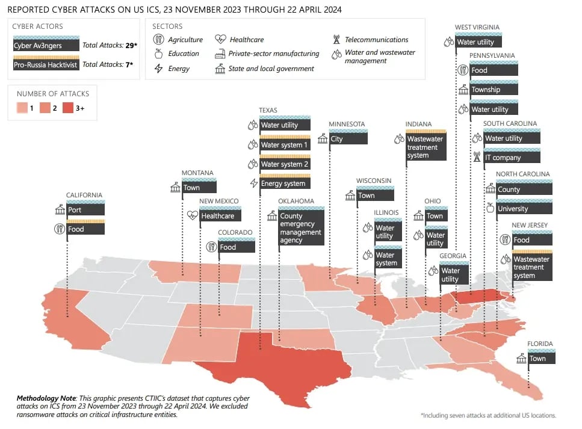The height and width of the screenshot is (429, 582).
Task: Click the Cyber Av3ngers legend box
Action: [x=46, y=45]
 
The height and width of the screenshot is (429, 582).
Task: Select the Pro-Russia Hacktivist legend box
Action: [x=46, y=64]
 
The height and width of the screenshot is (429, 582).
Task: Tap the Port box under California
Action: [x=85, y=210]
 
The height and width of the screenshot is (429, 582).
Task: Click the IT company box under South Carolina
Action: [x=511, y=158]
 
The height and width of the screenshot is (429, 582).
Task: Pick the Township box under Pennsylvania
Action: [x=493, y=90]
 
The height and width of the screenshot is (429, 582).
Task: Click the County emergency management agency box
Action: [x=301, y=228]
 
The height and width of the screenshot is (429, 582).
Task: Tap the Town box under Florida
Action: [x=542, y=358]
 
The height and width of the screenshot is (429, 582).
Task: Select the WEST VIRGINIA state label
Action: [x=477, y=27]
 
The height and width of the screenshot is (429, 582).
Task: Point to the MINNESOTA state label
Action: [x=347, y=124]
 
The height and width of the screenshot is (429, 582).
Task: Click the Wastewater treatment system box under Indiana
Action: [x=426, y=147]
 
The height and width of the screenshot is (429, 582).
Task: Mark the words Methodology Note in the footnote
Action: [x=46, y=398]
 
